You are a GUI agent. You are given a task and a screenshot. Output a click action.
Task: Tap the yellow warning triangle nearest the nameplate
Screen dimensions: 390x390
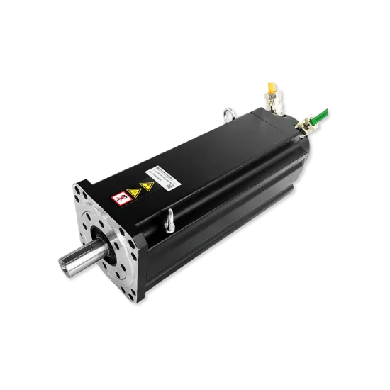[146, 186]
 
